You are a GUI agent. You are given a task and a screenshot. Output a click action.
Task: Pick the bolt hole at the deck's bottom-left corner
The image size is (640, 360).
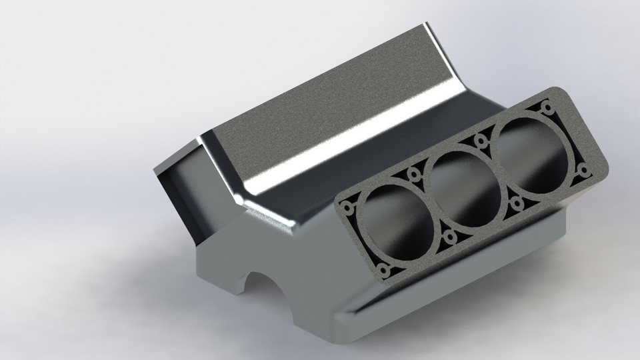pos(383,271)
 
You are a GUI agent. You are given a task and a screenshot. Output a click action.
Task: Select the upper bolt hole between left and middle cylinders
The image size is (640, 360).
pos(414,175)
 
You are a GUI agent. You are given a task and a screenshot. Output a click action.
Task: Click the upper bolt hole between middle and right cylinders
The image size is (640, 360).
pos(480,141)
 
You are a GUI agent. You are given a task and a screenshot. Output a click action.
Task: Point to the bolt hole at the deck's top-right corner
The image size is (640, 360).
pos(547,107)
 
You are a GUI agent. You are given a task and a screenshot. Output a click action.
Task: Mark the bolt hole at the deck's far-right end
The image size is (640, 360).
pos(584,171)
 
